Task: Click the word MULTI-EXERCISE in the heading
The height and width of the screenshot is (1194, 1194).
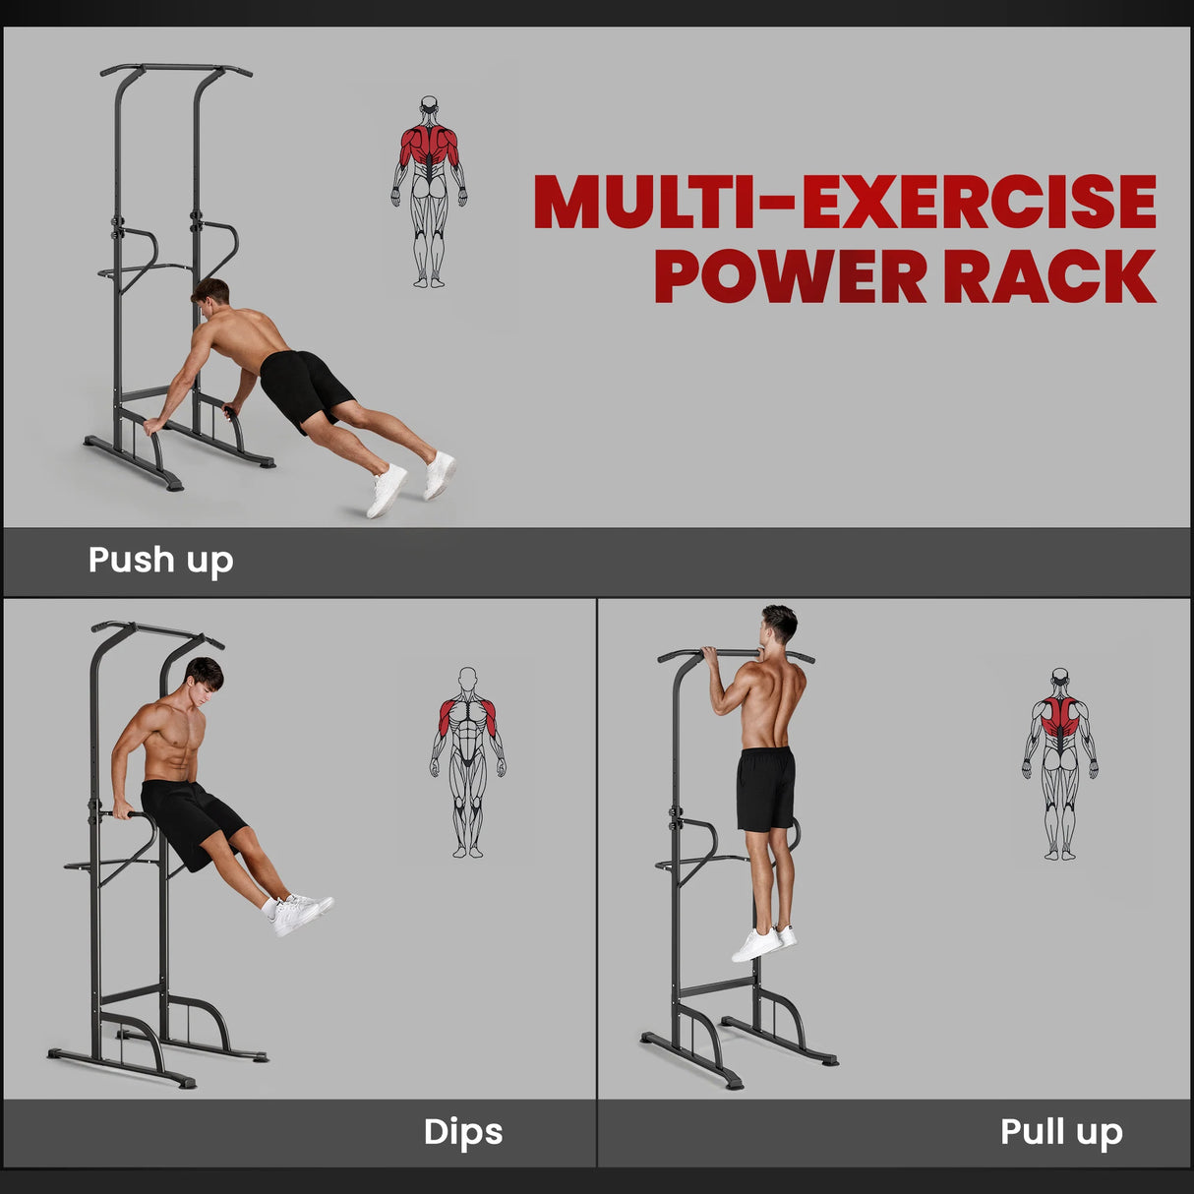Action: [844, 202]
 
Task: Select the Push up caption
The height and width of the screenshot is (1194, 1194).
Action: [160, 560]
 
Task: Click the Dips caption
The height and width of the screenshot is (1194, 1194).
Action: [462, 1131]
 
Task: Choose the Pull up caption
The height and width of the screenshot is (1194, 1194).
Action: [1060, 1131]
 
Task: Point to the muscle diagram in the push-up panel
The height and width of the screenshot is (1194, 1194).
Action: [429, 192]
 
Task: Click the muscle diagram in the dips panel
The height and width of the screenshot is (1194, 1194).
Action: [468, 763]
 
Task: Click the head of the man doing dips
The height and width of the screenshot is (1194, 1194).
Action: [205, 678]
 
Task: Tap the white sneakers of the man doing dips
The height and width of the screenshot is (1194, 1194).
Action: [297, 913]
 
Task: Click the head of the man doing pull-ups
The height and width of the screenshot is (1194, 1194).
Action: [779, 624]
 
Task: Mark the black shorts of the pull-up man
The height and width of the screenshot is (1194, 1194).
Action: [765, 788]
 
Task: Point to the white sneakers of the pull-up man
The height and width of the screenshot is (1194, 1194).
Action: [761, 943]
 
